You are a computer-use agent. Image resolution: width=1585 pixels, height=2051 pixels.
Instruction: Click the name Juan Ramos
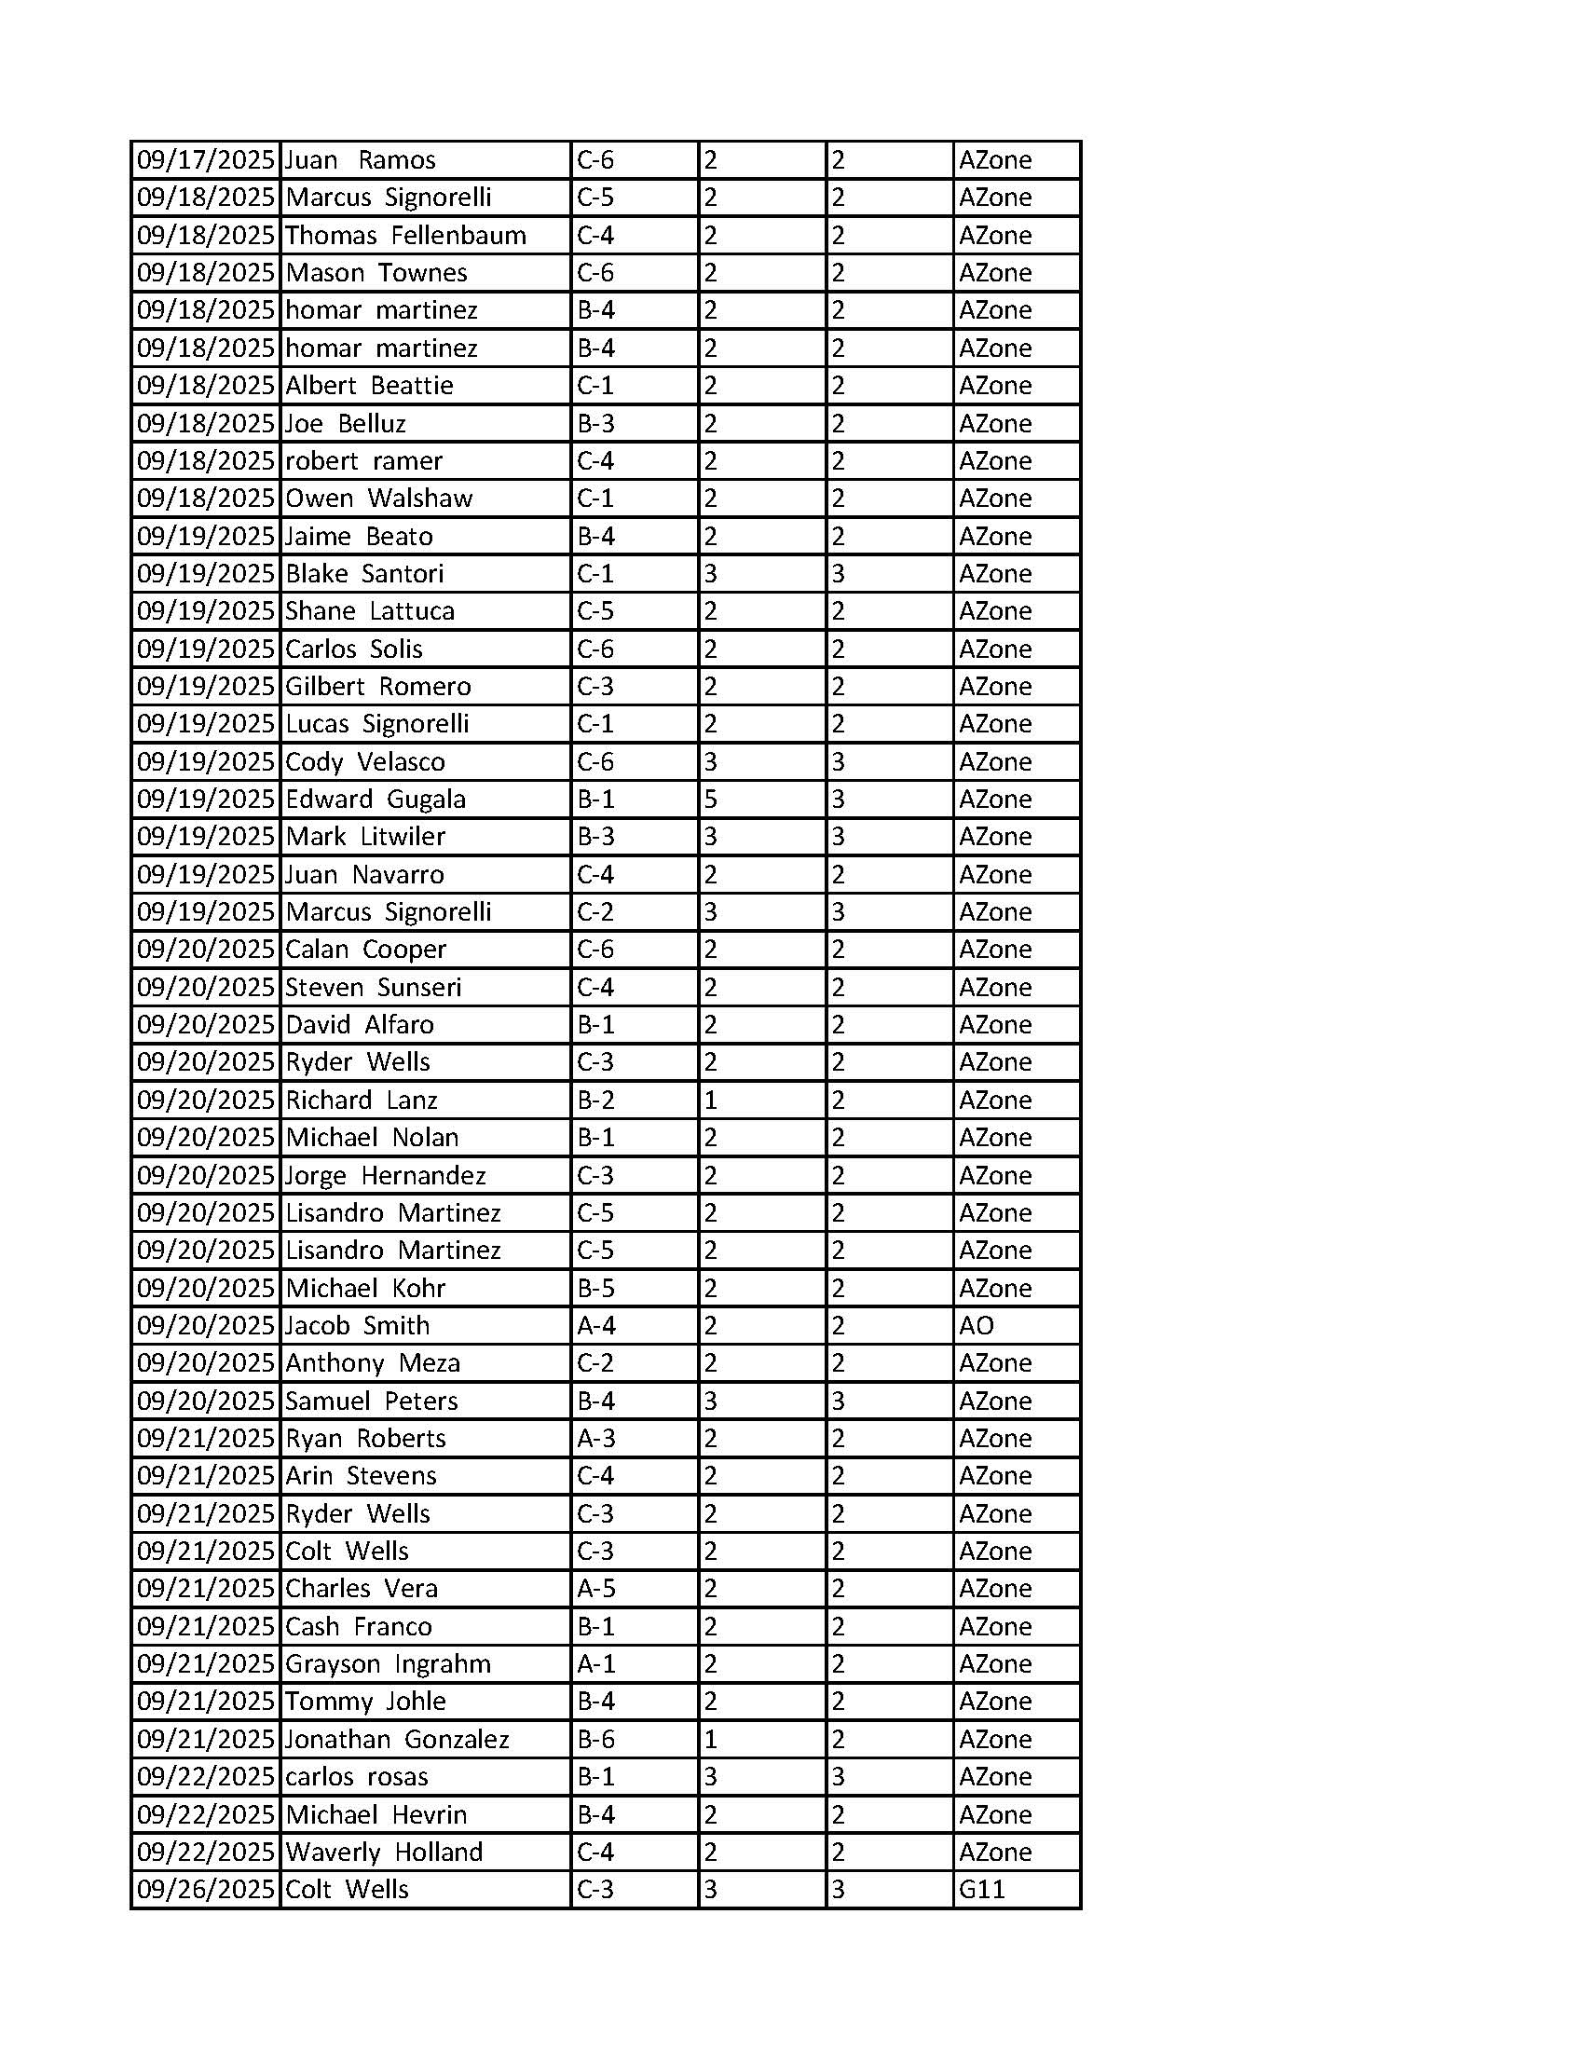pyautogui.click(x=360, y=159)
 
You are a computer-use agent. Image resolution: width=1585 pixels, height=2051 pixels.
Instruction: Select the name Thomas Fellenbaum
pyautogui.click(x=405, y=235)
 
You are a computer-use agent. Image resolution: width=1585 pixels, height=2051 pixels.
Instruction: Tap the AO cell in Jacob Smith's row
pyautogui.click(x=977, y=1325)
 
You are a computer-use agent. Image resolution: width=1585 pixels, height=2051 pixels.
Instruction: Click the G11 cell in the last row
pyautogui.click(x=981, y=1889)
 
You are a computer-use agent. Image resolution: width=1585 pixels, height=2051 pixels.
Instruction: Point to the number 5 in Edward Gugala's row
pyautogui.click(x=711, y=800)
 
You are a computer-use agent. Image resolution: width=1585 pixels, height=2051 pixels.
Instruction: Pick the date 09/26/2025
pyautogui.click(x=206, y=1889)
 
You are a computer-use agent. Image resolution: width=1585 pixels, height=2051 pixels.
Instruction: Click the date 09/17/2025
pyautogui.click(x=206, y=159)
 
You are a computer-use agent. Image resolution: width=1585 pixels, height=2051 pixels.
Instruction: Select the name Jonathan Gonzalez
pyautogui.click(x=396, y=1738)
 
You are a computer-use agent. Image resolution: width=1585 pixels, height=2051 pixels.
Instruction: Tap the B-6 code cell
pyautogui.click(x=595, y=1738)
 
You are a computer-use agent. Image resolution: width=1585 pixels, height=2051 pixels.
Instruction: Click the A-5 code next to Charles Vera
pyautogui.click(x=595, y=1588)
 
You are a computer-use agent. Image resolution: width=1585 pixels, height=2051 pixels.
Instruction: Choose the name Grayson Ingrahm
pyautogui.click(x=388, y=1663)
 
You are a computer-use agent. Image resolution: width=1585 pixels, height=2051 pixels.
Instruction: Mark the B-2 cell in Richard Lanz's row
pyautogui.click(x=595, y=1100)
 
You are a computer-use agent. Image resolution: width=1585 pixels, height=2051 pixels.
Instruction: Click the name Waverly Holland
pyautogui.click(x=384, y=1851)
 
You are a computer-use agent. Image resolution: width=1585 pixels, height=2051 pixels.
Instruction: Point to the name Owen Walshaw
pyautogui.click(x=378, y=498)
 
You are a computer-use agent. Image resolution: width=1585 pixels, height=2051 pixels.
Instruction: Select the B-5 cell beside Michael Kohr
pyautogui.click(x=595, y=1288)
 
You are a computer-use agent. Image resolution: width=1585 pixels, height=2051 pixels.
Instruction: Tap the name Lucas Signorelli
pyautogui.click(x=376, y=723)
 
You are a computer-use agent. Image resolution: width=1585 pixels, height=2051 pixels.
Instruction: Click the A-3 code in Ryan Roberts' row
pyautogui.click(x=595, y=1438)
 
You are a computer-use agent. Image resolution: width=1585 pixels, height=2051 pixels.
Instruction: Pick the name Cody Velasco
pyautogui.click(x=365, y=761)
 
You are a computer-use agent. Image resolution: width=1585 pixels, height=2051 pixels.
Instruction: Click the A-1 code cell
pyautogui.click(x=595, y=1663)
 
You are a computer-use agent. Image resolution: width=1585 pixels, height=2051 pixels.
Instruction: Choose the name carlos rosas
pyautogui.click(x=357, y=1776)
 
